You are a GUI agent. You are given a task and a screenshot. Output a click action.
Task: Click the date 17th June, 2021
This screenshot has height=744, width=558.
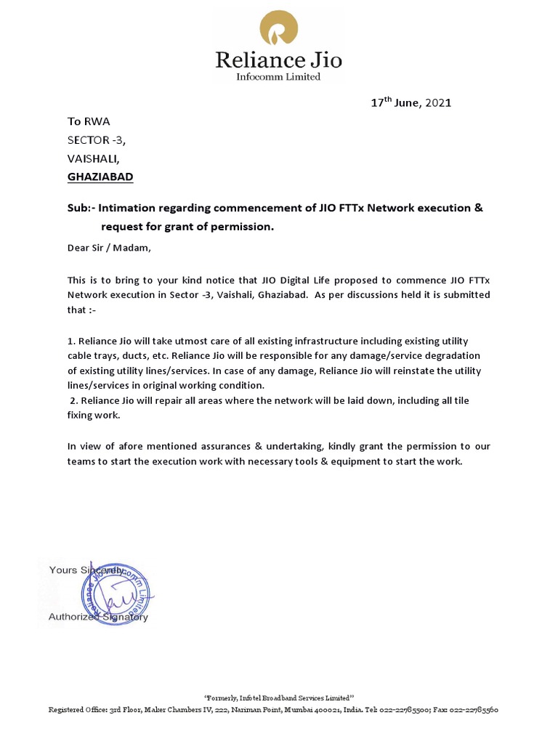point(411,102)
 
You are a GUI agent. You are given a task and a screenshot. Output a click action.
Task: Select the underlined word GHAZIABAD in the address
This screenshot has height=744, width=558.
point(100,177)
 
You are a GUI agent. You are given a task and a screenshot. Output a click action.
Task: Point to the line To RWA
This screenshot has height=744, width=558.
point(89,121)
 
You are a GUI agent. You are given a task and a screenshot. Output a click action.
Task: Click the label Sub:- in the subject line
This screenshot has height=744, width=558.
point(81,209)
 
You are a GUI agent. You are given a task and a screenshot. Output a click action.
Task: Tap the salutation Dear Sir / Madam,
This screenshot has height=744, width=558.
point(110,248)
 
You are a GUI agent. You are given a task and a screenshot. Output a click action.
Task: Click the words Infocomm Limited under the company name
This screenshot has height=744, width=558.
point(278,77)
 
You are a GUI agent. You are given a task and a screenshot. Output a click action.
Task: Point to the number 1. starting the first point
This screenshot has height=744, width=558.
point(71,341)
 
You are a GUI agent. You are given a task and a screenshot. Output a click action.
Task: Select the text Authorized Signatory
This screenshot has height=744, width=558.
point(98,617)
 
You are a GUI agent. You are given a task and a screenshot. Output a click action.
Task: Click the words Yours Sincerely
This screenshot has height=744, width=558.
point(86,570)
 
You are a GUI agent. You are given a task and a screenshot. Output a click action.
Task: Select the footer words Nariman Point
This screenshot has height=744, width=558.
point(245,710)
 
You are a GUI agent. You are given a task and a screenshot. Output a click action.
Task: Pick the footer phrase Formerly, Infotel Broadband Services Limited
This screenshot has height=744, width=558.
point(279,697)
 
